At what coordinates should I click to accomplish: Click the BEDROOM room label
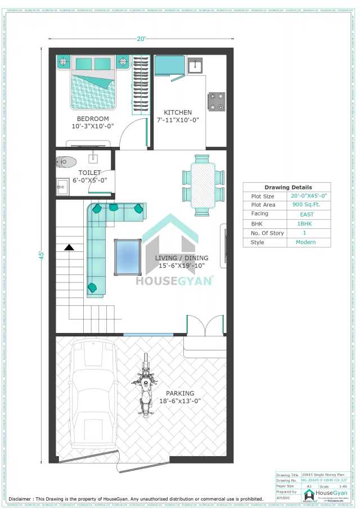[x=93, y=119]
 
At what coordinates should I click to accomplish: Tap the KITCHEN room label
[x=177, y=112]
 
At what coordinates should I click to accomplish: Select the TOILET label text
[x=89, y=173]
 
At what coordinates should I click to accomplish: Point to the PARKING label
[x=180, y=393]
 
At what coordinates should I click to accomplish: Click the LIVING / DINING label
[x=181, y=258]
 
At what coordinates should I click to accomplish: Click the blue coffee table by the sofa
[x=128, y=257]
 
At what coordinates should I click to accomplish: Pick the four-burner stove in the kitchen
[x=217, y=101]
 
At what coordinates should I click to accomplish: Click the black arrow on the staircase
[x=69, y=246]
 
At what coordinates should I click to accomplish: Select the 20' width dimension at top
[x=142, y=39]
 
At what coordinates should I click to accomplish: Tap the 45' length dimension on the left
[x=41, y=255]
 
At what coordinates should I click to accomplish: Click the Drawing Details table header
[x=288, y=187]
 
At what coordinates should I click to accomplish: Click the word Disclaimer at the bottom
[x=24, y=499]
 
